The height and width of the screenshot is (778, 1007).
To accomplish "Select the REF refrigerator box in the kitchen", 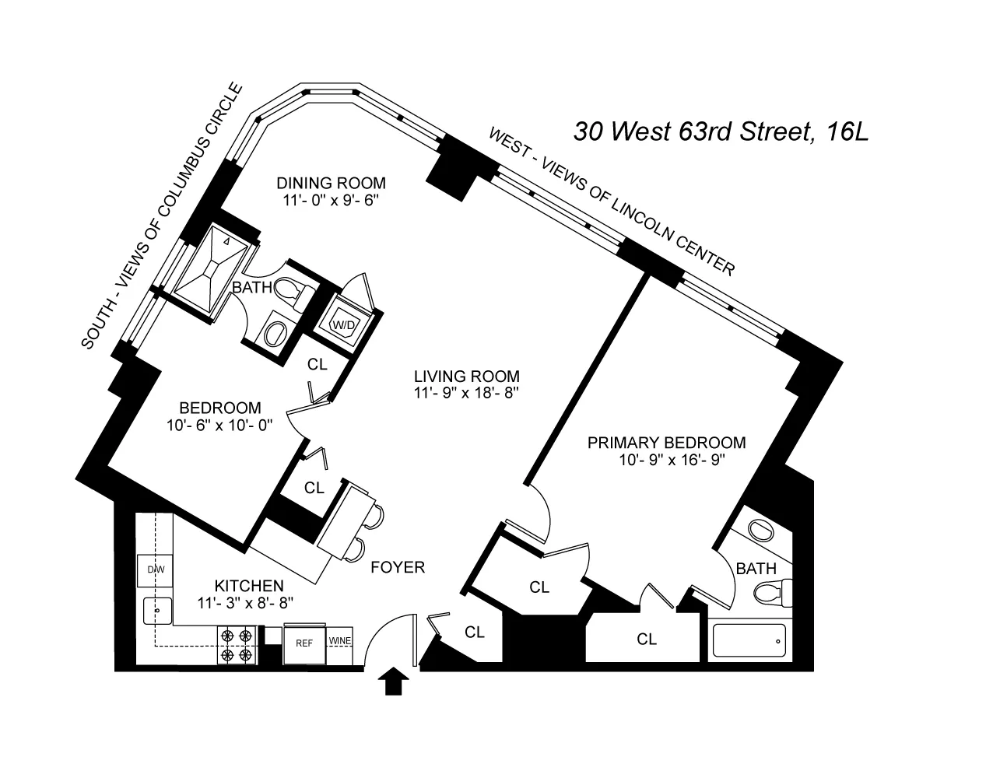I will click(303, 643).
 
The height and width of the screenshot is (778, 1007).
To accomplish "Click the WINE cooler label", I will click(340, 641).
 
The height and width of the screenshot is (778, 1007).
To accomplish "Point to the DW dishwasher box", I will click(156, 570).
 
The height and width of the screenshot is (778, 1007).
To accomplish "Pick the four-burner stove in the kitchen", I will click(237, 645).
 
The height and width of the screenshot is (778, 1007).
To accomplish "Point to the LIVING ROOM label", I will click(455, 376).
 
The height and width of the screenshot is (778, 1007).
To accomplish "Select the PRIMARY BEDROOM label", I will click(666, 443).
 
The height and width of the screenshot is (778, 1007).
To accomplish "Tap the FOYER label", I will click(398, 567).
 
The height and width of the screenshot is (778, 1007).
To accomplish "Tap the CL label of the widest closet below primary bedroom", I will click(647, 640).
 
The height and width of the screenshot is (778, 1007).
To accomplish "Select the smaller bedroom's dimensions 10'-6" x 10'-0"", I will click(219, 426).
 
